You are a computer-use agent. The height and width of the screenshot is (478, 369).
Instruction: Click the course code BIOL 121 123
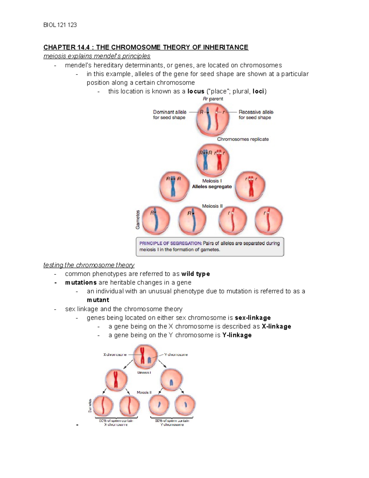click(x=60, y=25)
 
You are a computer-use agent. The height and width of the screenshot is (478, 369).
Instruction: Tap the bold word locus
click(x=196, y=91)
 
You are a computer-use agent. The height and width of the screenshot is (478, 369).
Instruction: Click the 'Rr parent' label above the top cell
click(x=213, y=99)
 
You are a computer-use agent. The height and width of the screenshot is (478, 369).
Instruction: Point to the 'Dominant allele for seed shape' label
click(x=169, y=114)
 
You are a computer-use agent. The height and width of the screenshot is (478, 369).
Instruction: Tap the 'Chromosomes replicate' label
click(x=243, y=139)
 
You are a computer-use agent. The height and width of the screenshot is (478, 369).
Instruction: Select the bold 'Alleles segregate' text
click(x=212, y=187)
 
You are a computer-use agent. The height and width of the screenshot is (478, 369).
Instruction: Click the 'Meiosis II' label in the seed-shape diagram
click(x=212, y=206)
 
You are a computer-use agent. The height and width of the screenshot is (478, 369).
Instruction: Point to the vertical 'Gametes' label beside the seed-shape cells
click(x=138, y=219)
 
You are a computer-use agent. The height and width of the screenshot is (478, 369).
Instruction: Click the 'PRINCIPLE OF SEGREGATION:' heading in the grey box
click(x=170, y=243)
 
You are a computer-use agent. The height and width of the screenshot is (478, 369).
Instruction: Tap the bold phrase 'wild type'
click(x=196, y=274)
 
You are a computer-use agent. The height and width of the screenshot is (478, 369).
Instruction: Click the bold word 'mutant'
click(x=98, y=300)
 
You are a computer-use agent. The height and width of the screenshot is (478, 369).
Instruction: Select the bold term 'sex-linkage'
click(x=252, y=318)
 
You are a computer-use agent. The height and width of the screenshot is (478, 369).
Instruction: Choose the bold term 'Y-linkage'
click(x=237, y=335)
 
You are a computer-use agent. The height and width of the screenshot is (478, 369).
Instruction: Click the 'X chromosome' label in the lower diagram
click(x=115, y=355)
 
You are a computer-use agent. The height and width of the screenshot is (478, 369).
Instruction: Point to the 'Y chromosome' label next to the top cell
click(x=176, y=355)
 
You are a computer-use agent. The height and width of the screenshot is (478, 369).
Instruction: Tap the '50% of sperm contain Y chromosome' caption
click(x=172, y=422)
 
